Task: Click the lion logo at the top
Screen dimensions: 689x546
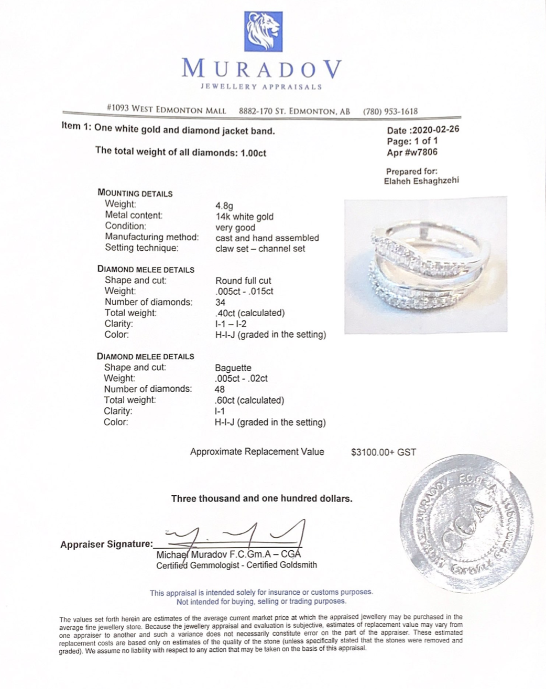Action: click(x=263, y=31)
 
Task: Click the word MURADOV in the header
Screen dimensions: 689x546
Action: click(x=262, y=69)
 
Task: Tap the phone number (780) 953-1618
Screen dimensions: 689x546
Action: click(x=390, y=112)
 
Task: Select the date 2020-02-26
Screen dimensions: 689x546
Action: click(x=435, y=129)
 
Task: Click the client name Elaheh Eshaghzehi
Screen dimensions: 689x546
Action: click(x=421, y=181)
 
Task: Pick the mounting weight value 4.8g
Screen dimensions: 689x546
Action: click(x=224, y=206)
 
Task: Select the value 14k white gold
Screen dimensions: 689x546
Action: click(x=244, y=217)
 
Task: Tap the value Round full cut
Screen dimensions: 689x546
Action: click(x=243, y=281)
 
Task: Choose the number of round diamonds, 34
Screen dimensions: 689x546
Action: click(x=220, y=302)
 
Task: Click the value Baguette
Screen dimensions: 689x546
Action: click(x=233, y=368)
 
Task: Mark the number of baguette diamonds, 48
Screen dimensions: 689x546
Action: click(x=220, y=390)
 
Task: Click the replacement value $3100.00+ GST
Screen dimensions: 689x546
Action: click(x=384, y=452)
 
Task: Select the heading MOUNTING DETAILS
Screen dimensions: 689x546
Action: click(x=135, y=194)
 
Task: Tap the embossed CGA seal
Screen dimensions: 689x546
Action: click(x=466, y=523)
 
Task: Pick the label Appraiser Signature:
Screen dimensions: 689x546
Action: click(x=106, y=544)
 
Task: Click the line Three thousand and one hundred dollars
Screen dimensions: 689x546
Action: click(x=261, y=499)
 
